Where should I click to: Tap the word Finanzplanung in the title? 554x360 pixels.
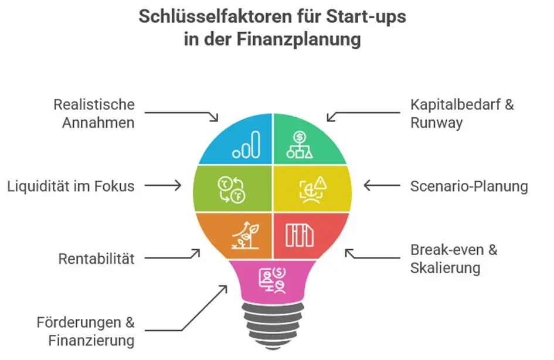tap(298, 39)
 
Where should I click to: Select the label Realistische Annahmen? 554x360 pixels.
tap(94, 114)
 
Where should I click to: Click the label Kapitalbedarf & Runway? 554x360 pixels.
tap(462, 114)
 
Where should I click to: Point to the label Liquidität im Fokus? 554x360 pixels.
tap(71, 186)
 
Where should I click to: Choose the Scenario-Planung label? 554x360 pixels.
tap(469, 186)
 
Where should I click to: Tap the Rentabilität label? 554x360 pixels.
tap(97, 259)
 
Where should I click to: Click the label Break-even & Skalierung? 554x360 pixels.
tap(454, 259)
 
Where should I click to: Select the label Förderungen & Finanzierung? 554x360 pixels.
tap(86, 331)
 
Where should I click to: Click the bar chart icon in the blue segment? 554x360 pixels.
tap(246, 144)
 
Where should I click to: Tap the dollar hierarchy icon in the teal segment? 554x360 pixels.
tap(300, 144)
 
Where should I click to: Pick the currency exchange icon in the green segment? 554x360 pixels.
tap(232, 190)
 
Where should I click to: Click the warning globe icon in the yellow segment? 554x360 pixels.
tap(313, 190)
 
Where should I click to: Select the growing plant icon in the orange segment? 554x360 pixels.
tap(246, 236)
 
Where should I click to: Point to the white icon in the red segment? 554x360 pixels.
tap(300, 235)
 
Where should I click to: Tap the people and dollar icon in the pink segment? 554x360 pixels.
tap(273, 280)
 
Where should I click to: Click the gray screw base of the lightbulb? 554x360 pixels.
tap(273, 326)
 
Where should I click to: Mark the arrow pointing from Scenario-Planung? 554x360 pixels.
tap(382, 185)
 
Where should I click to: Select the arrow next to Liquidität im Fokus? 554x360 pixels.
tap(163, 185)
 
